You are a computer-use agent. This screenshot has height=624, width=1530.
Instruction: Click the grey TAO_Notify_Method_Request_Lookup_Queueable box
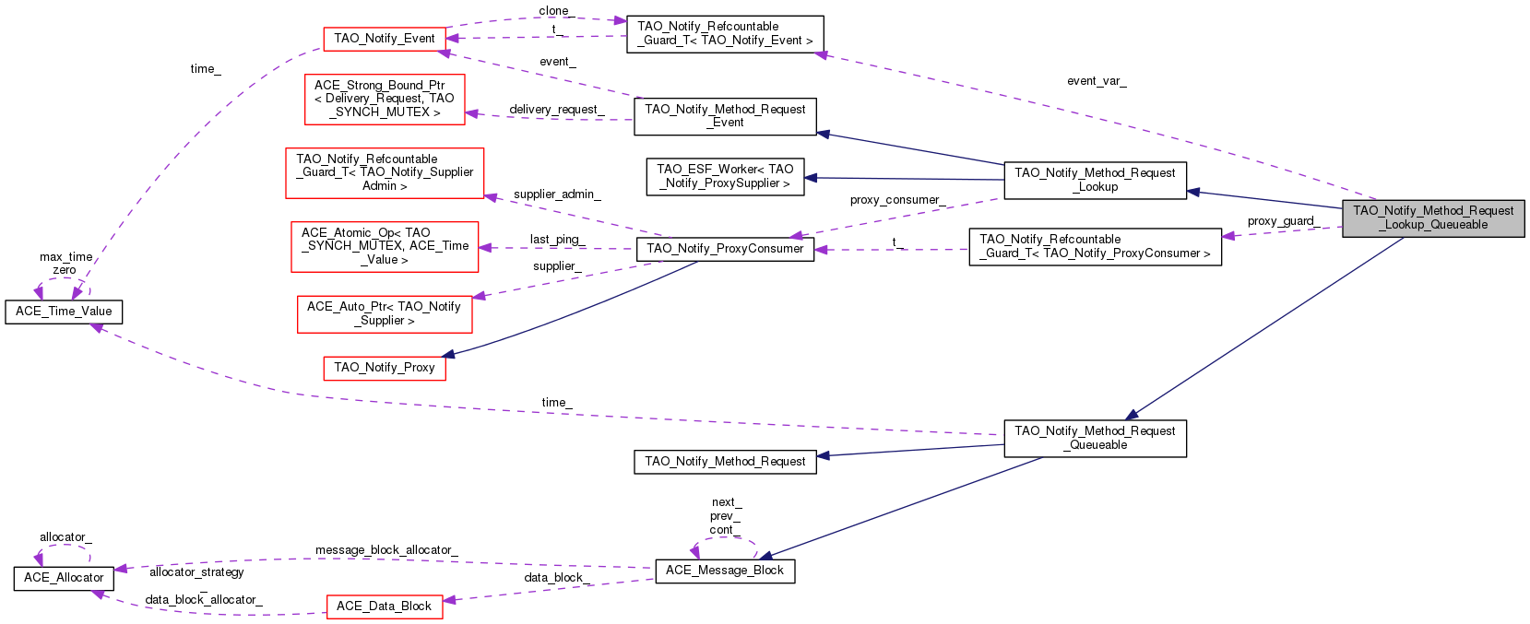[1433, 218]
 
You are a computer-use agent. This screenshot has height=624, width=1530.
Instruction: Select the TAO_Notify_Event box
[385, 39]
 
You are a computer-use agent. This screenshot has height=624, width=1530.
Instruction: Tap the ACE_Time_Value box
[64, 312]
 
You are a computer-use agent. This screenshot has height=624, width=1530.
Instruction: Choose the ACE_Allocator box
[64, 578]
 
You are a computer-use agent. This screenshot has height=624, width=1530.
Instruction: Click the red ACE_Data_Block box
[385, 606]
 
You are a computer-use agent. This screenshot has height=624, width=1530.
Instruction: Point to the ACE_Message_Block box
[725, 571]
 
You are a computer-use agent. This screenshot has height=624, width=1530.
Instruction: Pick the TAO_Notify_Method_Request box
[725, 462]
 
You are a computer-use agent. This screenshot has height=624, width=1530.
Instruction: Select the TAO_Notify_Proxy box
[385, 368]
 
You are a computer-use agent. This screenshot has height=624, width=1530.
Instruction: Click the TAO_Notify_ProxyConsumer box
[725, 249]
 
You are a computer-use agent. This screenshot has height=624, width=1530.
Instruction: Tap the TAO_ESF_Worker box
[725, 176]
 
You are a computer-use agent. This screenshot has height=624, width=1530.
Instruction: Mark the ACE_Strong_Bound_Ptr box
[385, 99]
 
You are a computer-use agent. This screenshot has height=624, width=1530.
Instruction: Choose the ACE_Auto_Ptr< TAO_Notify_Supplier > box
[385, 313]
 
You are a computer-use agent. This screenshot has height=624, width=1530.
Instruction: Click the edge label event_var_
[1097, 81]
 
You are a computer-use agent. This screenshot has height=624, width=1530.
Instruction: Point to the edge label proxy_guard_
[1281, 221]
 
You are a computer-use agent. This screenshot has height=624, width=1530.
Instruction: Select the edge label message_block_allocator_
[386, 550]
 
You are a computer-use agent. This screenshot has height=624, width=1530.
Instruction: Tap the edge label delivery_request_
[557, 110]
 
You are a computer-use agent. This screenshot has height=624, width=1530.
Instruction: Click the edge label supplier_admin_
[557, 194]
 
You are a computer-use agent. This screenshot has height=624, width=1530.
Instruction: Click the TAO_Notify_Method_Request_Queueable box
[1095, 438]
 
